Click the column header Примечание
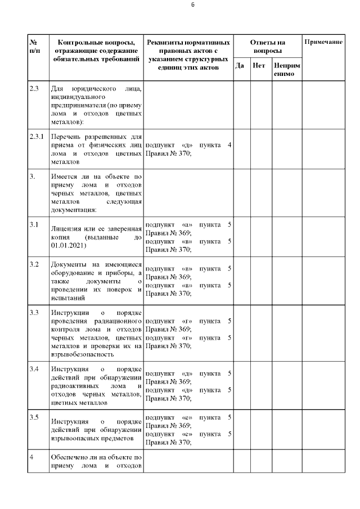[x=323, y=43]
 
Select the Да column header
[x=240, y=66]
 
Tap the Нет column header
[x=259, y=66]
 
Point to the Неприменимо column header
[x=286, y=70]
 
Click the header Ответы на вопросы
[x=267, y=46]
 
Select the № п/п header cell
[x=36, y=47]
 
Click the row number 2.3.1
[x=37, y=137]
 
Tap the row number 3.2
[x=34, y=264]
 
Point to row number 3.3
[x=34, y=312]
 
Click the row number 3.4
[x=34, y=369]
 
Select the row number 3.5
[x=34, y=417]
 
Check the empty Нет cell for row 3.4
[x=261, y=385]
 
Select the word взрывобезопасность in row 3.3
[x=83, y=355]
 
